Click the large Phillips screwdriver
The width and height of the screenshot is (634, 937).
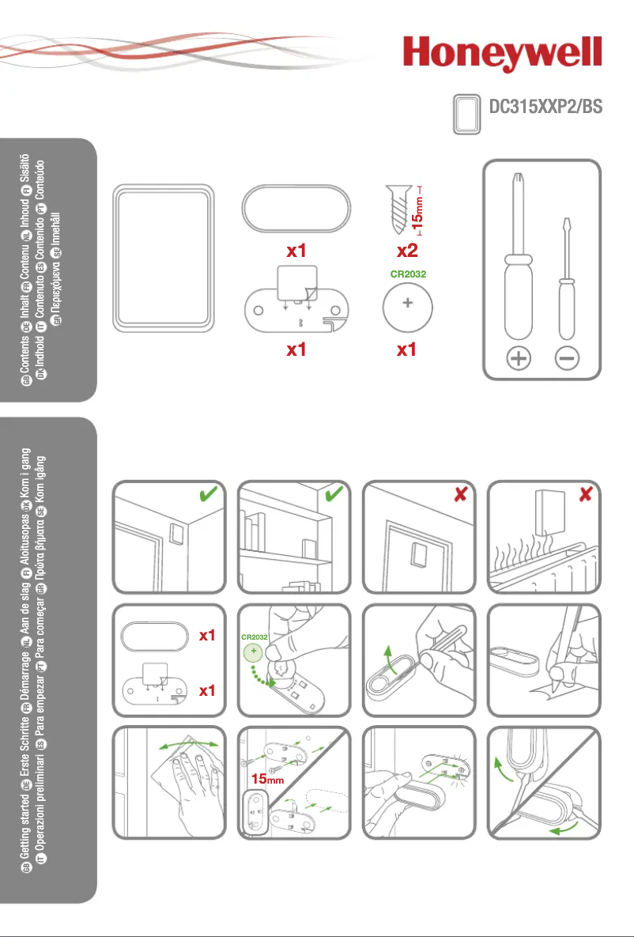tap(518, 261)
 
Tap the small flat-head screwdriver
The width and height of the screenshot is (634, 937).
tap(566, 285)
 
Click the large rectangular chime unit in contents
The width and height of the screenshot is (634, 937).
tap(164, 259)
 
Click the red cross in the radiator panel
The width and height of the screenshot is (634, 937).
tap(585, 494)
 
